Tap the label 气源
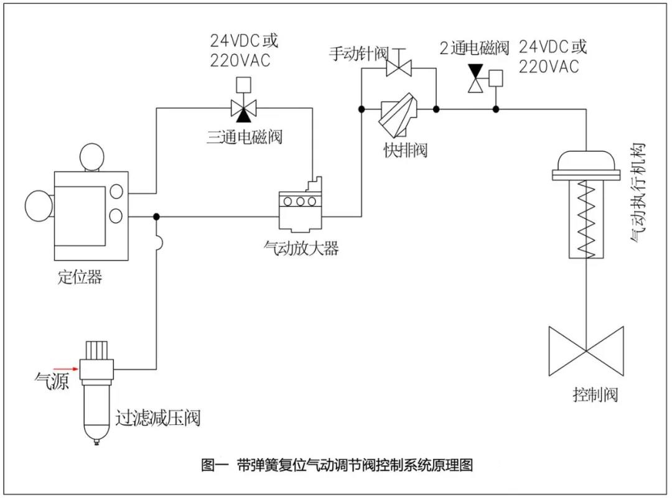(51, 380)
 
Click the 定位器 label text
(80, 277)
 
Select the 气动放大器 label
(301, 248)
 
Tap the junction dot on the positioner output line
(156, 216)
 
